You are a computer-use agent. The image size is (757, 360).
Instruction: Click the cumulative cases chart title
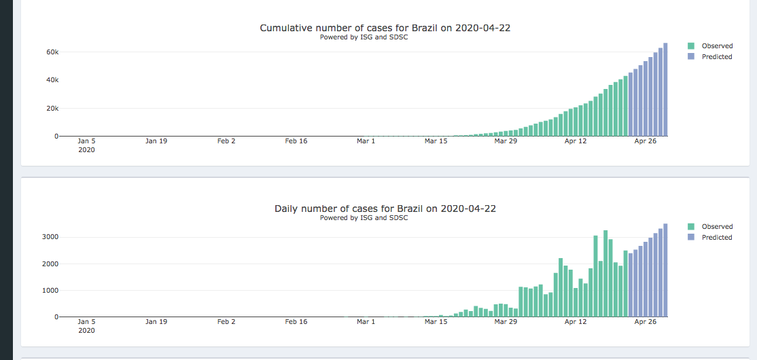click(385, 28)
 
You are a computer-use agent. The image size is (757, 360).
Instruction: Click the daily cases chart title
click(385, 209)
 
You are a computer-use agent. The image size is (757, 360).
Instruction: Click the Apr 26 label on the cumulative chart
click(645, 141)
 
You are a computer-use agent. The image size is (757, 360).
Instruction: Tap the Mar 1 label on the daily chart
click(366, 322)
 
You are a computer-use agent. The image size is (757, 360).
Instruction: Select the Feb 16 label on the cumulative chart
click(296, 141)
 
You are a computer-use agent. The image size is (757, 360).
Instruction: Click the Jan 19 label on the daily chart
click(156, 322)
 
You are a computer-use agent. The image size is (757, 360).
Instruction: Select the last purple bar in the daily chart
click(665, 270)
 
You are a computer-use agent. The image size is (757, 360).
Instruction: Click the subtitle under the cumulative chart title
click(364, 37)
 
